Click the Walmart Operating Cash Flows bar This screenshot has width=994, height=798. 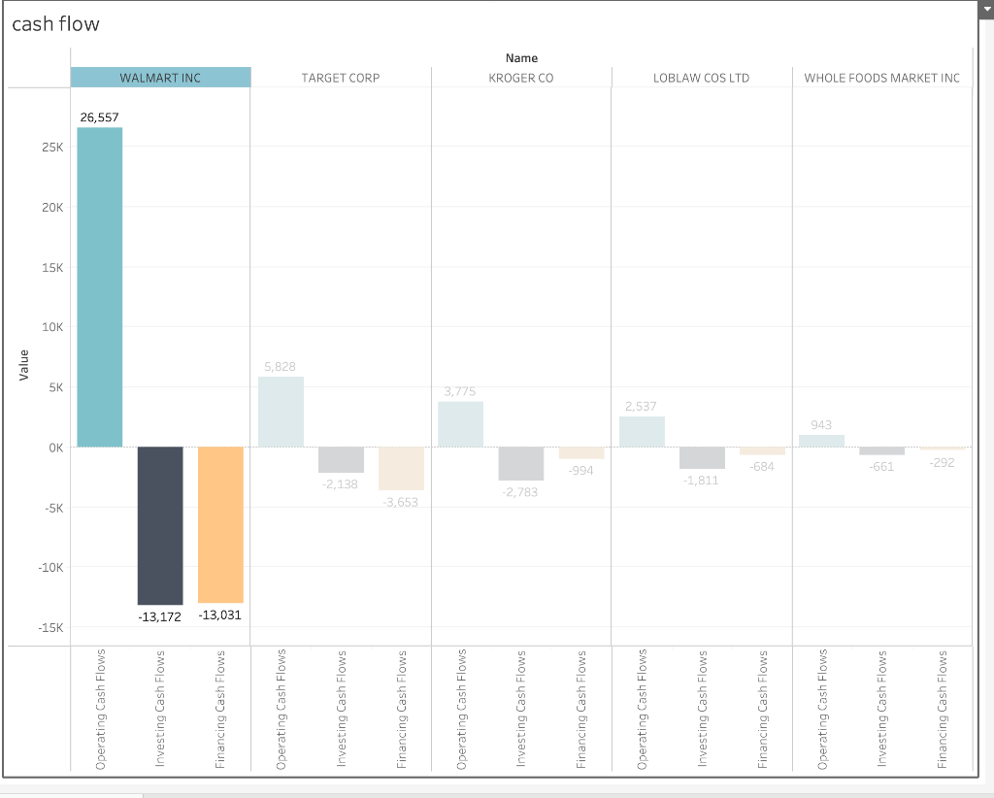[100, 286]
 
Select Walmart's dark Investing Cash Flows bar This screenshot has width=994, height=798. [160, 525]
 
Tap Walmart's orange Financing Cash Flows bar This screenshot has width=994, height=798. [220, 524]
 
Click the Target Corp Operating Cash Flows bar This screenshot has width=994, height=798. [281, 412]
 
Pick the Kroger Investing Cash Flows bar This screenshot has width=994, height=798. [521, 463]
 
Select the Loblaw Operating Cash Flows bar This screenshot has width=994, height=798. [642, 431]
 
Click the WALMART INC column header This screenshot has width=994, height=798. [160, 78]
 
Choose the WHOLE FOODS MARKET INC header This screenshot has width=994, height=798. [881, 78]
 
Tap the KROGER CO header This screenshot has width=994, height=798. [521, 78]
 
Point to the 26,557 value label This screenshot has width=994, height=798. [100, 116]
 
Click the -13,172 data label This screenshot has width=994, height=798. [160, 616]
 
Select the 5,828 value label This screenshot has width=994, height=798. [281, 366]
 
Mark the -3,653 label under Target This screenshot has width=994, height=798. [401, 502]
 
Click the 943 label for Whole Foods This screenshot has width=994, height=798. [821, 425]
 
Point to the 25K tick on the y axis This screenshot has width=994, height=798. [51, 148]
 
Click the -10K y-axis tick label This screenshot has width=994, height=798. [50, 567]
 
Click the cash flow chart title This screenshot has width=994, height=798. [55, 24]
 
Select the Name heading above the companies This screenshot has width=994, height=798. [521, 58]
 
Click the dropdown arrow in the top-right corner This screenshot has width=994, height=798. [985, 9]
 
